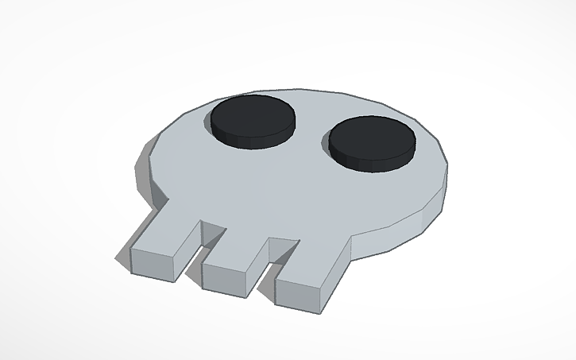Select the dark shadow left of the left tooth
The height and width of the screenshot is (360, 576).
[122, 257]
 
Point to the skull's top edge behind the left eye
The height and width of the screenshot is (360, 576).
[238, 93]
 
